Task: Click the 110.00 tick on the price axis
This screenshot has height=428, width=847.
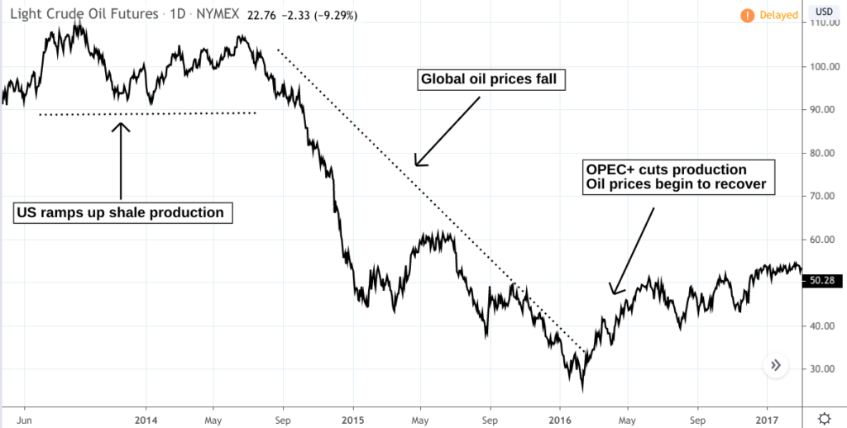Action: pyautogui.click(x=824, y=24)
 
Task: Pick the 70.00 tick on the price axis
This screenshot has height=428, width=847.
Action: pyautogui.click(x=824, y=197)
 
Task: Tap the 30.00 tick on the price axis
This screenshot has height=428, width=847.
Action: pyautogui.click(x=824, y=369)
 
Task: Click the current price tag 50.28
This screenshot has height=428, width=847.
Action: pyautogui.click(x=824, y=282)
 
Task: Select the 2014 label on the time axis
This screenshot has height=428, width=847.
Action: pyautogui.click(x=146, y=417)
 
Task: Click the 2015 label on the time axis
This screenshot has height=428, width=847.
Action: pyautogui.click(x=353, y=417)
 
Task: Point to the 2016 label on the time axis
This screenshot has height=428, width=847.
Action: pyautogui.click(x=560, y=417)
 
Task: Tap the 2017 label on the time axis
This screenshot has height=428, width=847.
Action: pyautogui.click(x=767, y=417)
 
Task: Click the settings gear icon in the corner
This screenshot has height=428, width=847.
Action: pyautogui.click(x=824, y=416)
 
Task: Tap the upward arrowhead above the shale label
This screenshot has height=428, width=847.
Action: pyautogui.click(x=122, y=126)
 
